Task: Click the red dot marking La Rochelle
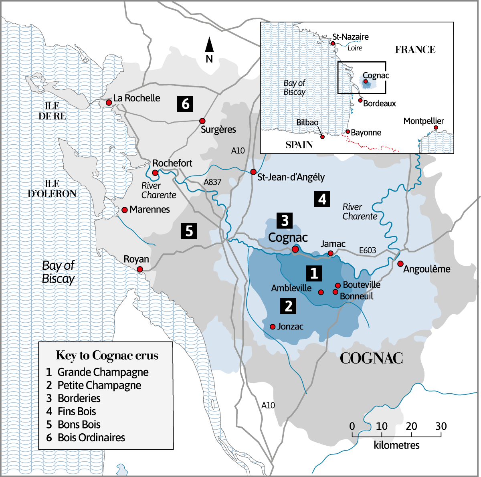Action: tap(109, 103)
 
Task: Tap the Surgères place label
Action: tap(218, 129)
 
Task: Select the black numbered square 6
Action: tap(185, 104)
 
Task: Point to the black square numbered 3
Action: tap(285, 220)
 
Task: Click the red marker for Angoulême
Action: tap(400, 263)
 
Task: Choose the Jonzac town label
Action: tap(290, 327)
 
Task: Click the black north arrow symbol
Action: tap(209, 45)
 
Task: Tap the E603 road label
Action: tap(367, 251)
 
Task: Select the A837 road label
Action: tap(212, 182)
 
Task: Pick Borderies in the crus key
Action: tap(79, 398)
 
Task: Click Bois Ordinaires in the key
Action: tap(91, 437)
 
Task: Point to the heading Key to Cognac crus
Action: tap(107, 356)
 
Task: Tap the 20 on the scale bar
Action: tap(411, 426)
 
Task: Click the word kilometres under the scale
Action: tap(396, 445)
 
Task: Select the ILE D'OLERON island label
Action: tap(52, 189)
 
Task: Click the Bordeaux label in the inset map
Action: tap(379, 103)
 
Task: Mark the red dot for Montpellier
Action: tap(436, 127)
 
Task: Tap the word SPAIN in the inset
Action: tap(299, 145)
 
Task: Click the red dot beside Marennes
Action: tap(124, 210)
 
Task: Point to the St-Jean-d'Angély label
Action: tap(291, 177)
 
